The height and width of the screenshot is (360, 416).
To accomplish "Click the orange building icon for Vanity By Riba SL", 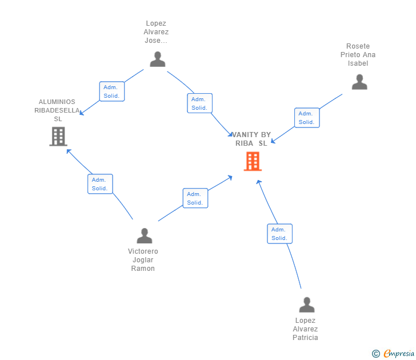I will (253, 162).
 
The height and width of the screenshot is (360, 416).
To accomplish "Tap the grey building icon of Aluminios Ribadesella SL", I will (58, 137).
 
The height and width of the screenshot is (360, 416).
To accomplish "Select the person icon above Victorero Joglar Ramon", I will (145, 235).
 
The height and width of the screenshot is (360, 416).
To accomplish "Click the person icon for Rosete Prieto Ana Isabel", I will (359, 82).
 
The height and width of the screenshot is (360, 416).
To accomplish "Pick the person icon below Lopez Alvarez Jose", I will (157, 59).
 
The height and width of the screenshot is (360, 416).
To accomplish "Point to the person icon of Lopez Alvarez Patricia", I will (307, 305).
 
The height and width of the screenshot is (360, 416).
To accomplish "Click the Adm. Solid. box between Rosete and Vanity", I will (307, 118).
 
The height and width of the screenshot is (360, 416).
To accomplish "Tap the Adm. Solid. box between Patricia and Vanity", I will (279, 234).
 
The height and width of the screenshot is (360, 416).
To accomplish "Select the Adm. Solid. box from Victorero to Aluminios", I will (100, 184).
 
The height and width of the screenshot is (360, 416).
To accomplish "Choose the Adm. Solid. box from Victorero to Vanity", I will (195, 198).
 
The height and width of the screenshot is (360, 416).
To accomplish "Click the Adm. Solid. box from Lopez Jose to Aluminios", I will (111, 91).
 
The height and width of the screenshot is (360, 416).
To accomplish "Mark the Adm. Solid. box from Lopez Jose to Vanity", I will (199, 103).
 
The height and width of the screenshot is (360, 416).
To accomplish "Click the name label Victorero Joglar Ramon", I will (143, 260).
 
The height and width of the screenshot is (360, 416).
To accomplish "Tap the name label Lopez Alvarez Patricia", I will (305, 329).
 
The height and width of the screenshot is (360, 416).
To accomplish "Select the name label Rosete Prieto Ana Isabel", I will (358, 55).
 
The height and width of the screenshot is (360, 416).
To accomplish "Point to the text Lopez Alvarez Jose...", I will (156, 32).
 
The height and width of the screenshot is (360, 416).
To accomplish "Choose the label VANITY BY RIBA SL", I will (251, 139).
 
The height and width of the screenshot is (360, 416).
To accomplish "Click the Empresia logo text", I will (398, 354).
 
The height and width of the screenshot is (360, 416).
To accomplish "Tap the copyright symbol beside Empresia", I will (376, 354).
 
